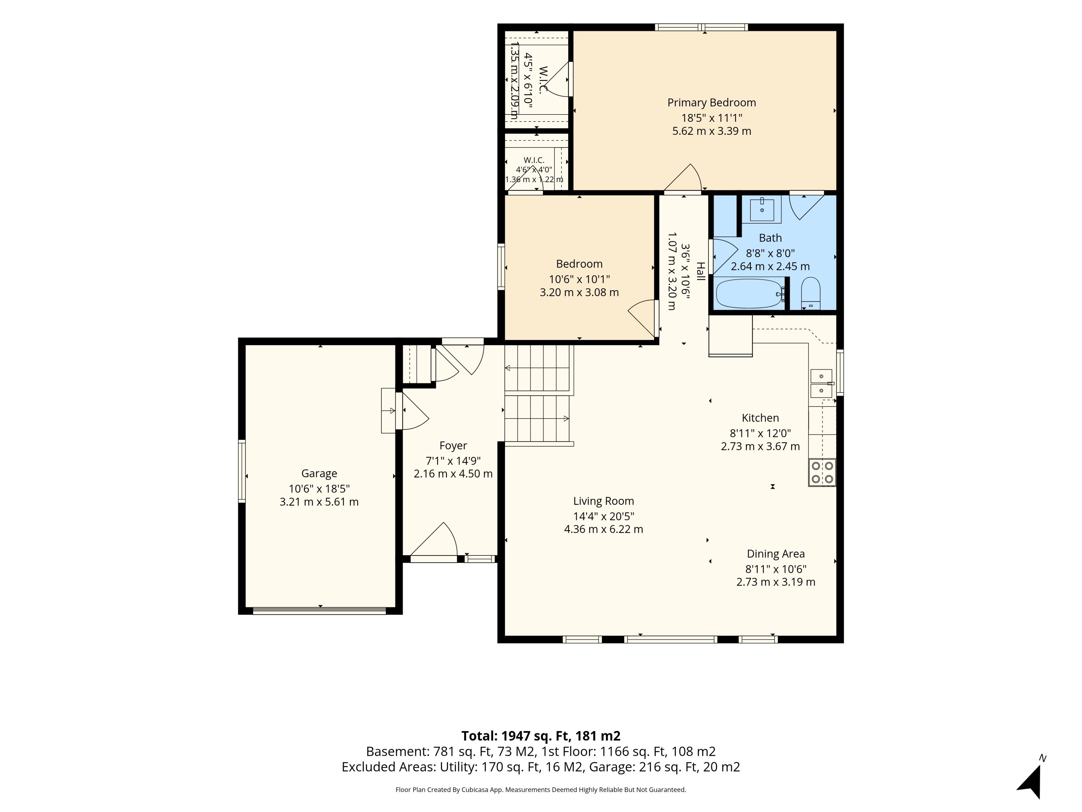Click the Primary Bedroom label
[x=712, y=103]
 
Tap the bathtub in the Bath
[x=749, y=293]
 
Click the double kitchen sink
[x=821, y=383]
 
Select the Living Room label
[x=604, y=501]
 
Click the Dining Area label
[x=776, y=554]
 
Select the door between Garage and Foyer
[x=412, y=411]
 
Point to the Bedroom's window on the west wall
[x=501, y=267]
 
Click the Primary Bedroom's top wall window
[x=701, y=27]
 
